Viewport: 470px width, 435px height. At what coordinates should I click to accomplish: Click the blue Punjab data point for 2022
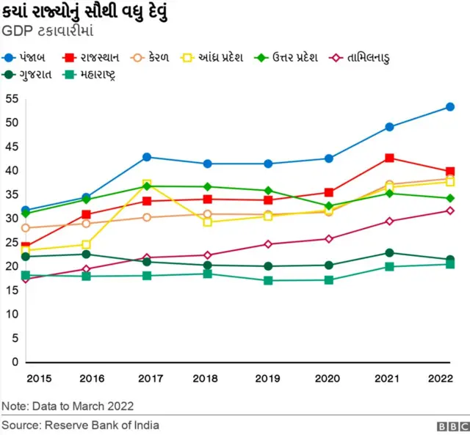pyautogui.click(x=450, y=107)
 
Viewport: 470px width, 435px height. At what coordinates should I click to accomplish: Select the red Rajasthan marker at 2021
pyautogui.click(x=389, y=158)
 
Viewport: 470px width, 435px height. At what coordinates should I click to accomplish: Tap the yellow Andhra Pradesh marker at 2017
pyautogui.click(x=147, y=184)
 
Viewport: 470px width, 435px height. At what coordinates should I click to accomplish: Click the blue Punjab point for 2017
pyautogui.click(x=147, y=157)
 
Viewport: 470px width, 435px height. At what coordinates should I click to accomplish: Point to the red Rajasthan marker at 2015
pyautogui.click(x=26, y=247)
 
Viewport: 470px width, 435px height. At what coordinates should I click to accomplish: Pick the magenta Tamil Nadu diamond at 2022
pyautogui.click(x=450, y=211)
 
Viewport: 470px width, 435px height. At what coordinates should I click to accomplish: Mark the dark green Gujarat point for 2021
pyautogui.click(x=389, y=253)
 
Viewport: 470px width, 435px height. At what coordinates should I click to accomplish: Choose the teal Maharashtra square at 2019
pyautogui.click(x=268, y=281)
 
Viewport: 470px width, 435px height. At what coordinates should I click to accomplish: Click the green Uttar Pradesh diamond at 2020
pyautogui.click(x=329, y=206)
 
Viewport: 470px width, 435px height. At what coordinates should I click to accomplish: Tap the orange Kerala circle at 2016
pyautogui.click(x=86, y=224)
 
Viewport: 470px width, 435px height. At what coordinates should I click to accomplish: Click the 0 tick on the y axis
pyautogui.click(x=13, y=362)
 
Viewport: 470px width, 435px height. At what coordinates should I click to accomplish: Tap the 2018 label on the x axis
pyautogui.click(x=207, y=379)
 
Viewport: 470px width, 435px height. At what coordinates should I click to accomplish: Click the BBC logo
pyautogui.click(x=450, y=425)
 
